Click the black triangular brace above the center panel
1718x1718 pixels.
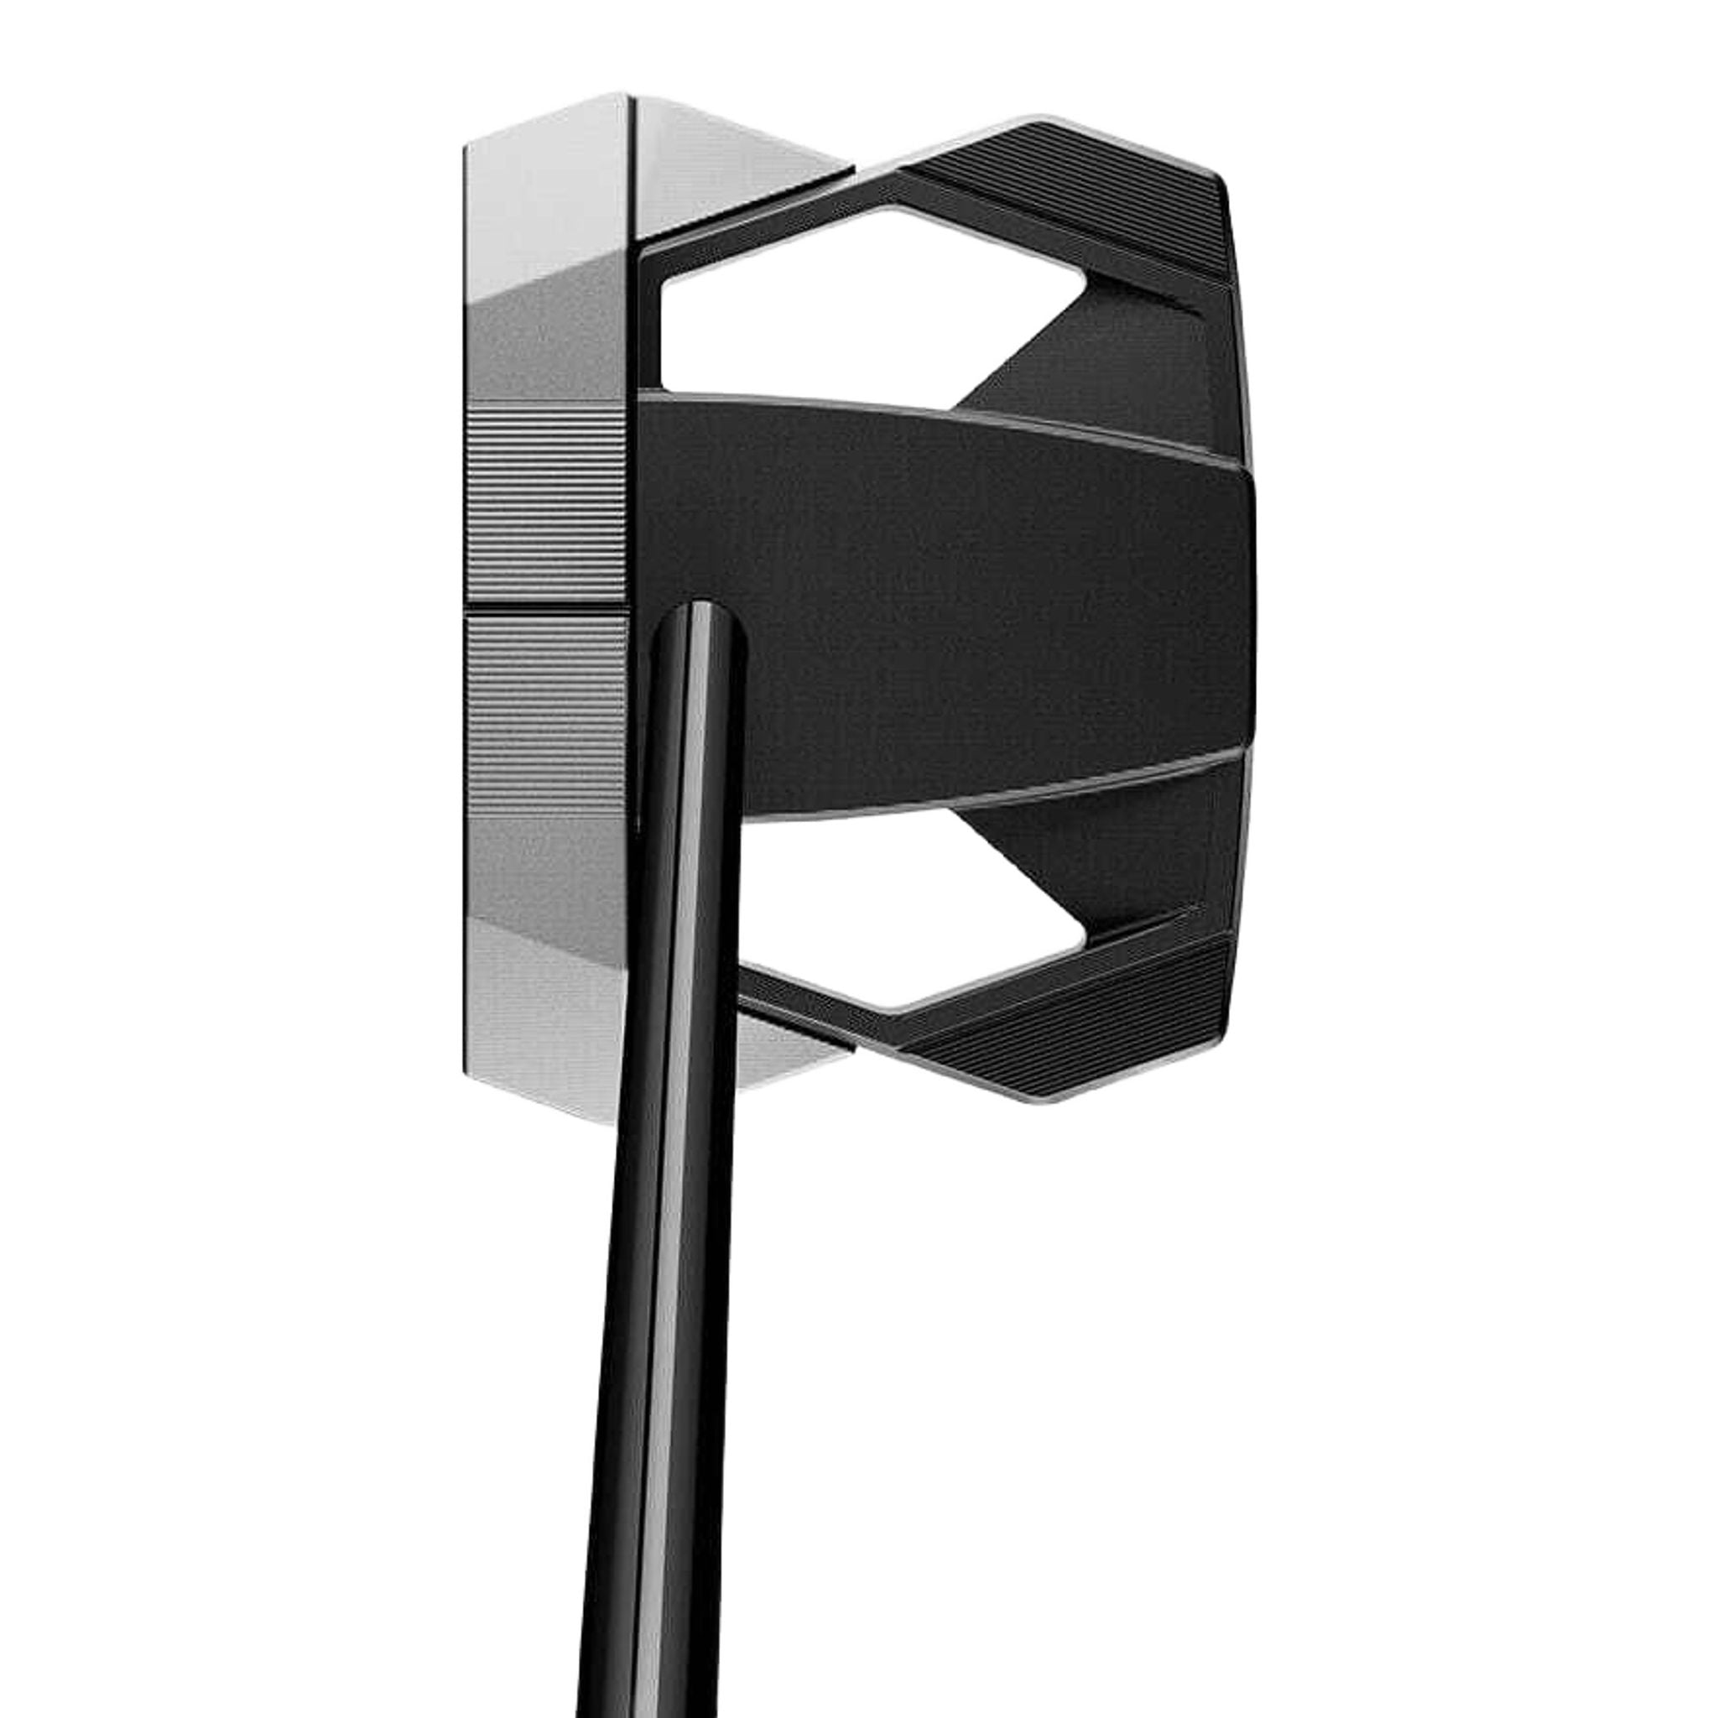coord(1102,356)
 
